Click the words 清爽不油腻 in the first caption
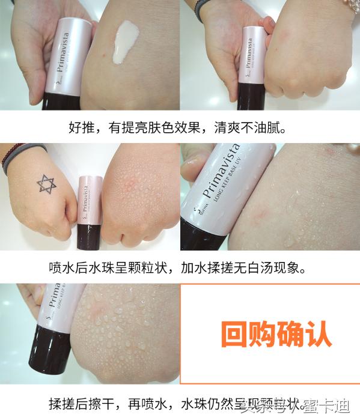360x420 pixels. pos(246,128)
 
